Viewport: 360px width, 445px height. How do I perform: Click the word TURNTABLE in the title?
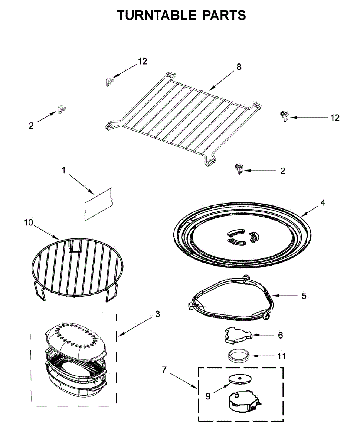pyautogui.click(x=156, y=16)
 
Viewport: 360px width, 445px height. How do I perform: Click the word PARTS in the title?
pyautogui.click(x=224, y=16)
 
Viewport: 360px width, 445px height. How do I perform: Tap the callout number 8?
pyautogui.click(x=239, y=67)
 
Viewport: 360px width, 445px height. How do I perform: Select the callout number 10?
pyautogui.click(x=28, y=222)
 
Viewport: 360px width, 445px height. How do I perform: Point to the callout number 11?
pyautogui.click(x=282, y=356)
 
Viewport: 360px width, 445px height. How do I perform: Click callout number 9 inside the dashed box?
pyautogui.click(x=208, y=396)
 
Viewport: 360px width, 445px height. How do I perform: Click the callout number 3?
pyautogui.click(x=158, y=314)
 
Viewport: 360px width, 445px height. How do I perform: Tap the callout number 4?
pyautogui.click(x=323, y=203)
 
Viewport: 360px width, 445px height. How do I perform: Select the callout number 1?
pyautogui.click(x=63, y=170)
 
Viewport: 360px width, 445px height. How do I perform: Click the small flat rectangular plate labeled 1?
pyautogui.click(x=98, y=204)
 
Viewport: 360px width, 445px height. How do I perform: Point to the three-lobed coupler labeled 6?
pyautogui.click(x=236, y=333)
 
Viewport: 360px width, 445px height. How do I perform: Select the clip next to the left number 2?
pyautogui.click(x=61, y=110)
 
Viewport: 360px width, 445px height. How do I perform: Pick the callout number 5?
pyautogui.click(x=304, y=296)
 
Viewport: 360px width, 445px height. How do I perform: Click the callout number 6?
pyautogui.click(x=280, y=335)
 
